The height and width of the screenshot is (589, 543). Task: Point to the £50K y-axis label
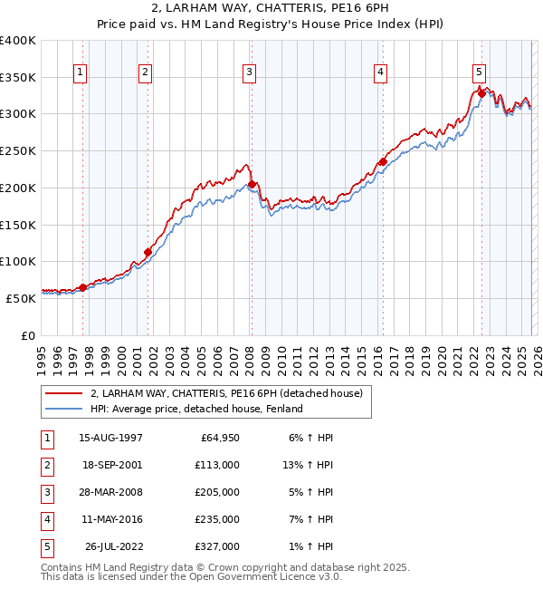pyautogui.click(x=21, y=297)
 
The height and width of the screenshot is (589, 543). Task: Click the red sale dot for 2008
pyautogui.click(x=252, y=184)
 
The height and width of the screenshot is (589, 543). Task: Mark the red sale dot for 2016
pyautogui.click(x=383, y=162)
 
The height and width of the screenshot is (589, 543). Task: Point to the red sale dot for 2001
pyautogui.click(x=148, y=252)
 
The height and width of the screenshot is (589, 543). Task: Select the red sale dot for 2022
pyautogui.click(x=481, y=93)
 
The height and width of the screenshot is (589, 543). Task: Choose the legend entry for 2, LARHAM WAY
pyautogui.click(x=226, y=393)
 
